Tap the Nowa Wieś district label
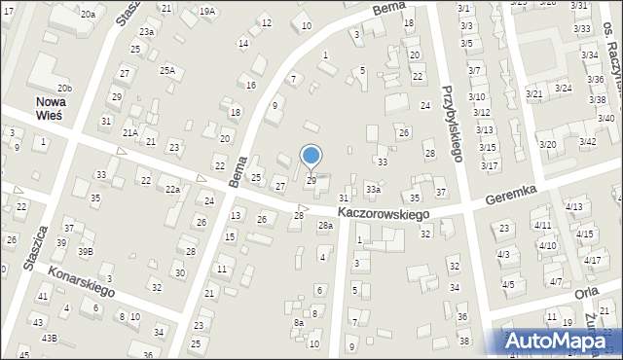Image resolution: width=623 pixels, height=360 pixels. point(48,108)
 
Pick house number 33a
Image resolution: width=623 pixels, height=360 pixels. point(373,189)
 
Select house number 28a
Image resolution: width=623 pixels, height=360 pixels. point(325,226)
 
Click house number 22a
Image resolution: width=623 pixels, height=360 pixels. point(172,189)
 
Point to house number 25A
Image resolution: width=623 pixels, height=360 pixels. point(167,70)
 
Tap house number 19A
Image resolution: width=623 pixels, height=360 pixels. point(206,12)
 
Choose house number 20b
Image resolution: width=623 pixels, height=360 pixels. point(63,88)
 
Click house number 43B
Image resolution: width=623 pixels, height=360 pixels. point(49,339)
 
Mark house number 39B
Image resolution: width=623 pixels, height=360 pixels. point(86,251)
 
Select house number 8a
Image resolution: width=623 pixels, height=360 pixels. point(299,322)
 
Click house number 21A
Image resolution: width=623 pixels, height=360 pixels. point(129,132)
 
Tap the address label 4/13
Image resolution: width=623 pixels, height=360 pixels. point(574,206)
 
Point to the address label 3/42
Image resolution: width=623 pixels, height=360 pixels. point(587,142)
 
